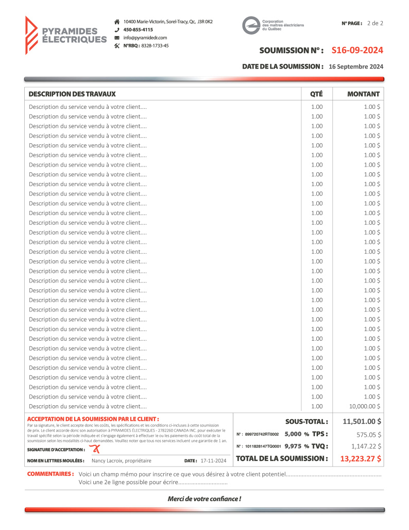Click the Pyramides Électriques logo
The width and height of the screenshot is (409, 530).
pos(65,35)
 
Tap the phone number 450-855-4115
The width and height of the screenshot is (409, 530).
pos(138,30)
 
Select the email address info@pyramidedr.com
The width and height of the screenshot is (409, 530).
pos(145,38)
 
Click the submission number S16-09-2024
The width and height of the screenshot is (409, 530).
pos(357,50)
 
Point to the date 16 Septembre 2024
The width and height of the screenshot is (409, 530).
pos(355,67)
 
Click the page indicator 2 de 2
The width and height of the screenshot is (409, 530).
pos(375,23)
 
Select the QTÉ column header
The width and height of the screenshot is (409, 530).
pos(316,94)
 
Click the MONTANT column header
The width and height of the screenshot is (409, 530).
pos(363,94)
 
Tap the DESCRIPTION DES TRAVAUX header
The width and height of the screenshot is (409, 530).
pos(72,94)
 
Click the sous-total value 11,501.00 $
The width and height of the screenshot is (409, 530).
pos(362,422)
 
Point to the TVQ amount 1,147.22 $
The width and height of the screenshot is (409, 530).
pos(366,446)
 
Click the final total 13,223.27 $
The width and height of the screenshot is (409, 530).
pos(361,458)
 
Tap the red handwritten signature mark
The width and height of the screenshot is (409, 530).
pos(94,449)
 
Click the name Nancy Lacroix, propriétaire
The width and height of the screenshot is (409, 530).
pos(122,460)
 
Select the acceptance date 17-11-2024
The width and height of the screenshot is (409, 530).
pos(214,460)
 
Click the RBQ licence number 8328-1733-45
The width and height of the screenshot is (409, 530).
pos(155,46)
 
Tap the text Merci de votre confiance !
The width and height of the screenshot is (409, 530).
pos(204,499)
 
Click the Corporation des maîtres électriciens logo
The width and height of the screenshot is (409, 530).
pos(273,25)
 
